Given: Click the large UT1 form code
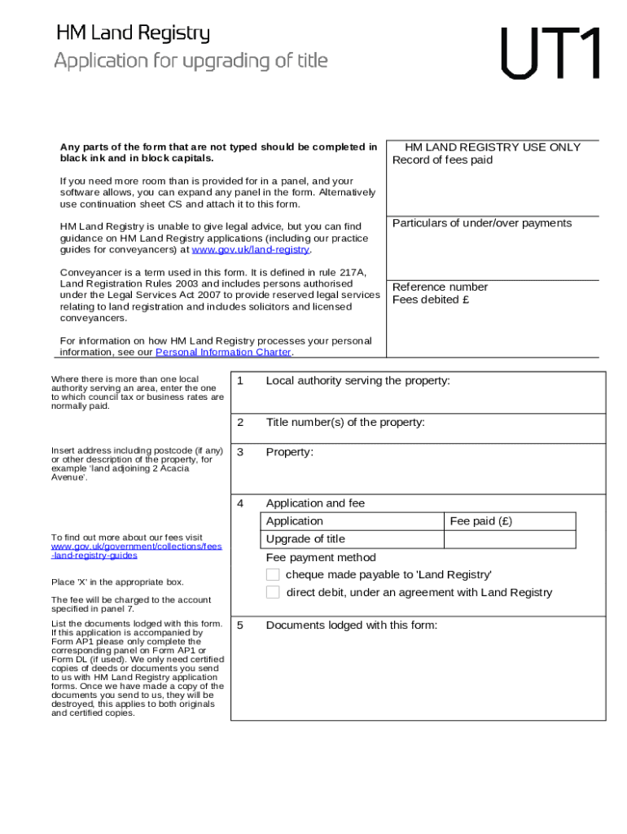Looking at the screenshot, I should (x=552, y=54).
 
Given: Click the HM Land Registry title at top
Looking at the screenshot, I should (x=133, y=33).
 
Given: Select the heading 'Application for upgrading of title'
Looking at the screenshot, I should (x=191, y=61).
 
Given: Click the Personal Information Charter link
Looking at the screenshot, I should (x=223, y=353).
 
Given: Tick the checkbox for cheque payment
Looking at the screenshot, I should (x=273, y=575).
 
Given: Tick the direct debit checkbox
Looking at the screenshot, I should (x=273, y=592).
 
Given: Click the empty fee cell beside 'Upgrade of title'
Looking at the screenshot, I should (x=510, y=539).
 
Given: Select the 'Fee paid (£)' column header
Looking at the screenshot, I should (x=481, y=521).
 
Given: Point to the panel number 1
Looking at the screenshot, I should (x=240, y=380).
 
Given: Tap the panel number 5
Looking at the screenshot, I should (x=240, y=625).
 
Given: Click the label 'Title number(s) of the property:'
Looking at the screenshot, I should (x=345, y=422).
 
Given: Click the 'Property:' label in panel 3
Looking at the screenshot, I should (x=289, y=452).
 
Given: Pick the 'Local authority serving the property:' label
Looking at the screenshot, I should (x=357, y=380).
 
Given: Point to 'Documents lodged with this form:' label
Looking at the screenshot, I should (x=352, y=625).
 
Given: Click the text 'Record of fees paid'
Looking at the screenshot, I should (x=442, y=160).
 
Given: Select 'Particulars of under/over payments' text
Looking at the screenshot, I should (x=482, y=223).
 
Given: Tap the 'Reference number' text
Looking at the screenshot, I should (x=440, y=287).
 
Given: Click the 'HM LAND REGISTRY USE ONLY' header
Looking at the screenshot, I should (x=493, y=147).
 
